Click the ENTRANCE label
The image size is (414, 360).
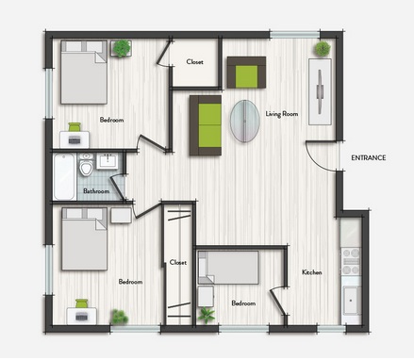pos(369,157)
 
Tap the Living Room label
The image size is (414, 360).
pos(282,114)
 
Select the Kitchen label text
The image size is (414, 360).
pos(312,272)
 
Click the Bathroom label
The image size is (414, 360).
pos(96,191)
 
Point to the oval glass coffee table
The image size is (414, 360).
pos(245,121)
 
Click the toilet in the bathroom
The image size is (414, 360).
pos(86,164)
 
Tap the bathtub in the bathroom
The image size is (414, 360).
pos(64,176)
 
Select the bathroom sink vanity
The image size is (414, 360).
pos(108,161)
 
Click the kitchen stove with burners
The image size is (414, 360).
pos(351,262)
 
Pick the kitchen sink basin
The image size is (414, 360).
pos(352,301)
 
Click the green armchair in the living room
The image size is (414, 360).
pos(246,73)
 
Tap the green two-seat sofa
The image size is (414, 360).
pos(206,125)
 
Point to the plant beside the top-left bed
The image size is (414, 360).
pos(122,48)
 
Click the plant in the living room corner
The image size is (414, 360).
pos(323,49)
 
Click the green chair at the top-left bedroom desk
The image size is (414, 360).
pos(75,127)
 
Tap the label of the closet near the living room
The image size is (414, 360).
pos(194,62)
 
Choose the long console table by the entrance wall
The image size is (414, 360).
pos(320,91)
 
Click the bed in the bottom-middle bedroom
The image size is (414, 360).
pos(228,268)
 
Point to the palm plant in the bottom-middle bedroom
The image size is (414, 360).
pos(207,315)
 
